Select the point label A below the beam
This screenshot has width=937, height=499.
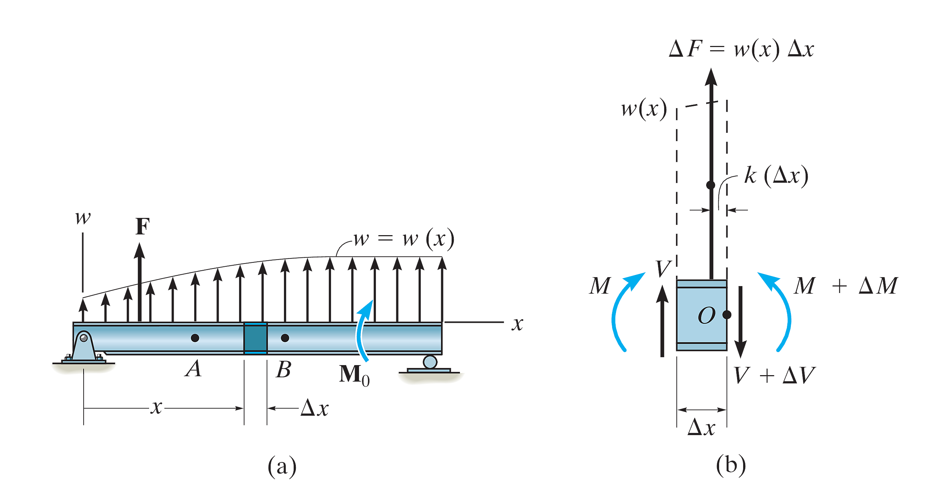(193, 369)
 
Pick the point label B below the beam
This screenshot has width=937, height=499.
(284, 369)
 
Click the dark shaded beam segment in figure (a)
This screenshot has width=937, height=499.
(255, 338)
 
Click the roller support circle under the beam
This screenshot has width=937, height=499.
(430, 362)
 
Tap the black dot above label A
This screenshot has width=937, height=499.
(195, 338)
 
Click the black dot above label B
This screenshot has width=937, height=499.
(285, 338)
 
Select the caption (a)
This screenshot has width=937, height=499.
(282, 466)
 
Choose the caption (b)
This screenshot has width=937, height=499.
(731, 466)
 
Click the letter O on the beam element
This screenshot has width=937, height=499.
(707, 315)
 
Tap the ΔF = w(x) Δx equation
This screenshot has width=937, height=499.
(741, 49)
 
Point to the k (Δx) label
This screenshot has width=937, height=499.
(776, 176)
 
